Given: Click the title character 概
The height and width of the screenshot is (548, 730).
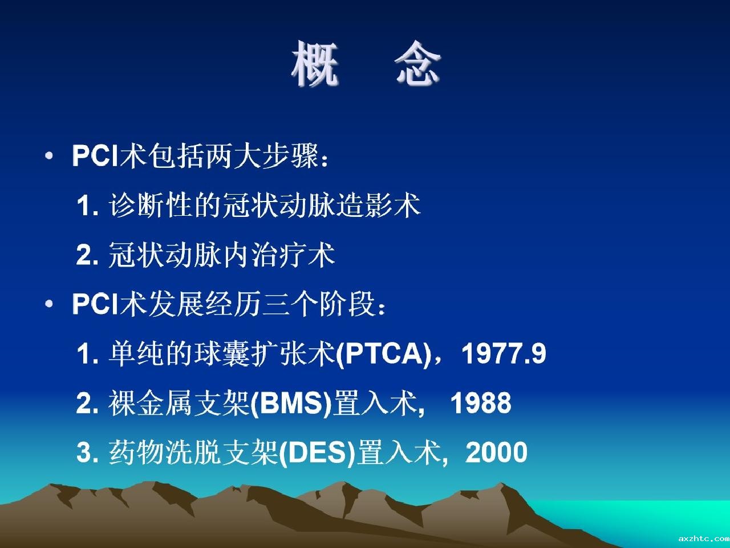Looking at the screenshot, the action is pos(315,63).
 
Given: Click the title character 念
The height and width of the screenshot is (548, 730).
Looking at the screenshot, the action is pos(417,63).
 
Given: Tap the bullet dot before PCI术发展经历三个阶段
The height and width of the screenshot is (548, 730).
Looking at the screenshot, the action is pos(49,304).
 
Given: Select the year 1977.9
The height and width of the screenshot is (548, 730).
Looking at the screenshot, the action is pos(504,353).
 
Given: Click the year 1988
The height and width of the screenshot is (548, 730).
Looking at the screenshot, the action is pos(481,403).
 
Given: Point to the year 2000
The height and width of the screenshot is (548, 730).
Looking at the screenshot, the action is pos(496,452).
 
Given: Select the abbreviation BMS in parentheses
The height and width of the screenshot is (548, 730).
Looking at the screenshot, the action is pos(291,403).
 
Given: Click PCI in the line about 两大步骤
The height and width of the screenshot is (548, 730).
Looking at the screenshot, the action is pos(95,155).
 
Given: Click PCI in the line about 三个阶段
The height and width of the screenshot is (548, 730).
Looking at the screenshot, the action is pos(95,304).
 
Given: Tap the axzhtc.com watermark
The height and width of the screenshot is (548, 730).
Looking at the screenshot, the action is pos(704,538).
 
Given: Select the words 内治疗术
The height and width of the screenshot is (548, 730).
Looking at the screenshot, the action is pos(279,255).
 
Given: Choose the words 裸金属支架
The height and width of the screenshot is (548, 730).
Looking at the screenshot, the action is pos(179,403).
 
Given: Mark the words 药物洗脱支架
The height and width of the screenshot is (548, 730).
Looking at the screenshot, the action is pos(193,452).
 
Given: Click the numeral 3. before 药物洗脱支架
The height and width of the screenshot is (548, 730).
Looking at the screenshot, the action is pos(87,453).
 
